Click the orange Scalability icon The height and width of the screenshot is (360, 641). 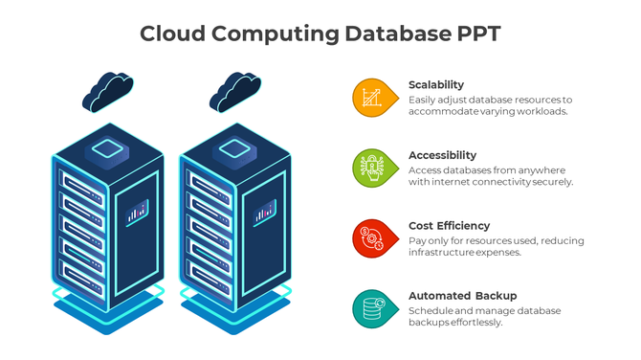[372, 97]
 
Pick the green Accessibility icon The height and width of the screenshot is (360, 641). [372, 168]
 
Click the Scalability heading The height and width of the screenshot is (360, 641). [436, 84]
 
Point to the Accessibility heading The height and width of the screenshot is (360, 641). [442, 155]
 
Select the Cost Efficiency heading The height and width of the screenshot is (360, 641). [449, 226]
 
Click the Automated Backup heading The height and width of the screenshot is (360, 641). [462, 296]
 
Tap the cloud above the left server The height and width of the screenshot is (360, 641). [107, 91]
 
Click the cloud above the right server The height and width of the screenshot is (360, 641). [234, 91]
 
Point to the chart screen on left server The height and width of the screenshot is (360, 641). [137, 212]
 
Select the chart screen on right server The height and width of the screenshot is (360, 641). [264, 212]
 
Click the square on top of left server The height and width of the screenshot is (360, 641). [106, 148]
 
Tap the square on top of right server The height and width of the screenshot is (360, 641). [233, 148]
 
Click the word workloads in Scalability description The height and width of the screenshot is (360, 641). [542, 111]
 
